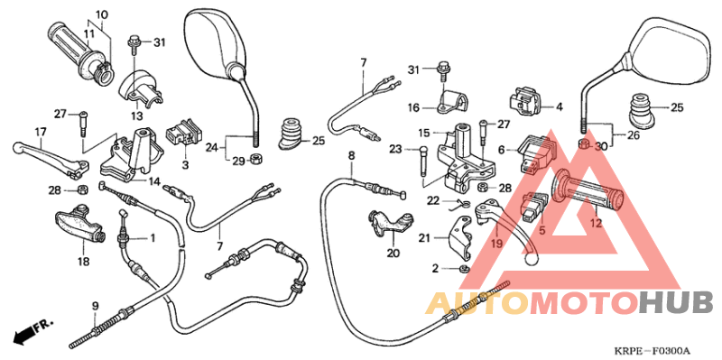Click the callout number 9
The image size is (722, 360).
[94, 307]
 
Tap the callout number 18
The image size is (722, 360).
[83, 263]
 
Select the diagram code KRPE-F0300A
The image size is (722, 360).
[652, 350]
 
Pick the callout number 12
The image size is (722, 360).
[597, 223]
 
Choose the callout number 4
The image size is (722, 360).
[559, 106]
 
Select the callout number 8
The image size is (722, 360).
[351, 156]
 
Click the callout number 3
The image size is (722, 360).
[184, 167]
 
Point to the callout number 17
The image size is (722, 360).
[40, 132]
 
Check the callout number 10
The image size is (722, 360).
[101, 14]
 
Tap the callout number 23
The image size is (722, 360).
[395, 149]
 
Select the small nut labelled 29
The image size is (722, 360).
[255, 160]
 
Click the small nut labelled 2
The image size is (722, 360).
[463, 269]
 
